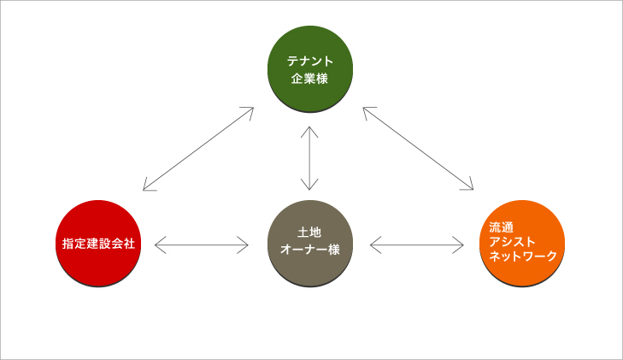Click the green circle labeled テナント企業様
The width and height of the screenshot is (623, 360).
tap(310, 69)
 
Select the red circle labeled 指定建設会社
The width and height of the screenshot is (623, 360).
tap(98, 243)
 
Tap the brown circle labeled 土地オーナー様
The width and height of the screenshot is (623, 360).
tap(310, 243)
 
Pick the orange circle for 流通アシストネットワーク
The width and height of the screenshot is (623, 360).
tap(522, 243)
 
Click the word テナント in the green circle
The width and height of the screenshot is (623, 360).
tap(310, 62)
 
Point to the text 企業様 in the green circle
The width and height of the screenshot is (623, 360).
tap(309, 79)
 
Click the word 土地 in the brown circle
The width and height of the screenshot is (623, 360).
tap(309, 233)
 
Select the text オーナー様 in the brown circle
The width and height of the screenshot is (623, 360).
tap(310, 250)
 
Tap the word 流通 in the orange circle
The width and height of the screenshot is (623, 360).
tap(501, 227)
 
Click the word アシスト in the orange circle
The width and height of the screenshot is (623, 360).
tap(512, 242)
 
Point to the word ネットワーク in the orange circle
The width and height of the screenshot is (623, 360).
tap(523, 256)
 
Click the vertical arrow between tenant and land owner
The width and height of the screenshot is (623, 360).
tap(309, 158)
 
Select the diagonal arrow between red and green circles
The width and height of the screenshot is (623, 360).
tap(198, 149)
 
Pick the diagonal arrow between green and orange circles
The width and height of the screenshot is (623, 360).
tap(418, 148)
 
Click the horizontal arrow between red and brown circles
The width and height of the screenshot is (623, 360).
tap(202, 245)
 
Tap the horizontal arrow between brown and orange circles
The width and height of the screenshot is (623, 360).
tap(417, 245)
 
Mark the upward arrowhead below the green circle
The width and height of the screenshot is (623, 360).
tap(309, 132)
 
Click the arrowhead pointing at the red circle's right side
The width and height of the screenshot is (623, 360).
tap(160, 245)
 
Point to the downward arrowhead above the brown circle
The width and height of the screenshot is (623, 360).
tap(309, 185)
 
